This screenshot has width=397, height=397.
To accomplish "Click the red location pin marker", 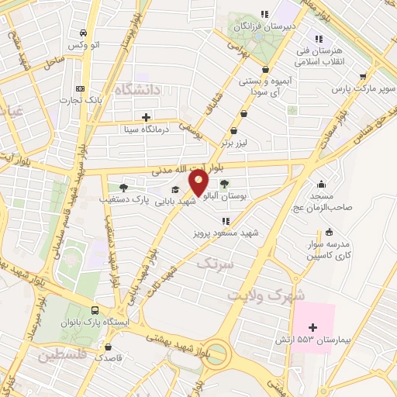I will point(198,183).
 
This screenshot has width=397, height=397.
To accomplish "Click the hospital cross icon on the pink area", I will point(312,328).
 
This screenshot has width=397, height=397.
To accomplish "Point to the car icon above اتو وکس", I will point(83,33).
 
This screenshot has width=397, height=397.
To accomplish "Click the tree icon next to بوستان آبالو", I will point(224,185).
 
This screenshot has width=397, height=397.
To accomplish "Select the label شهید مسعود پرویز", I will point(228,232).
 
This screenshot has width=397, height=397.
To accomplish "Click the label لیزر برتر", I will point(234,143).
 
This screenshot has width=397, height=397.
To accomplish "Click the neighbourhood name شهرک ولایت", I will point(267,295).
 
